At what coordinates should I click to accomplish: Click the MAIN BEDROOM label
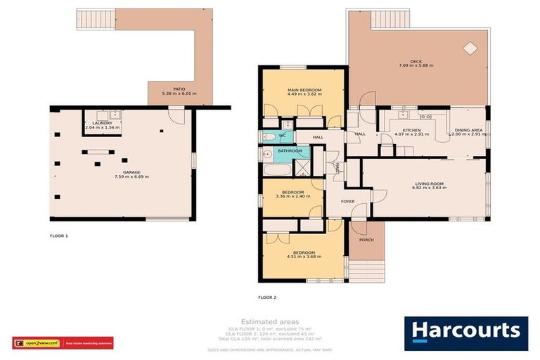pos(304,91)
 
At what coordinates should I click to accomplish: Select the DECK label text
pos(416,60)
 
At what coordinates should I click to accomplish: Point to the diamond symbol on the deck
pos(470,49)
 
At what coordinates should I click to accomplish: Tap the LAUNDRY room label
pos(103,123)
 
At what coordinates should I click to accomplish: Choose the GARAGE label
pos(122,172)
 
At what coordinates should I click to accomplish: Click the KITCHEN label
pos(411,131)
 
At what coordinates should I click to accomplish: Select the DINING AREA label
pos(468,131)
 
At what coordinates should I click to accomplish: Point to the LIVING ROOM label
pos(429,184)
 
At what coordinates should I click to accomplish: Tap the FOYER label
pos(347,201)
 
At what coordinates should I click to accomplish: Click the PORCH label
pos(366,240)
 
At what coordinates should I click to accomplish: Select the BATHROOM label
pos(290,150)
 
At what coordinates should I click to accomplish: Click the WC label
pos(282,135)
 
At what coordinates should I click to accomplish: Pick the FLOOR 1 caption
pos(59,236)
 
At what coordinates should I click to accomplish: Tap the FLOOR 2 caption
pos(267,298)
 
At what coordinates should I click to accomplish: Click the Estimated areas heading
pos(270,321)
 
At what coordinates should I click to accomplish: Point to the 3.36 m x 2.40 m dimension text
pos(292,197)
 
